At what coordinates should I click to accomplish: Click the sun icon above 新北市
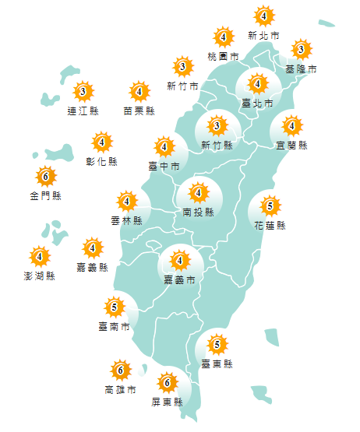pos(264,16)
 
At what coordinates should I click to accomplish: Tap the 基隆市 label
pos(301,70)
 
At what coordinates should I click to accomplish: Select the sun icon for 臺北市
pos(258,84)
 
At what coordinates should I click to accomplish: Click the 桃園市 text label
pos(224,58)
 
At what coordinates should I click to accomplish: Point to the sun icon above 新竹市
pos(182,66)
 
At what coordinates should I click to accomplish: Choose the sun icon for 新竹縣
pos(217,126)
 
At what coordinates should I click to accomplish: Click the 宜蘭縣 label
pos(292,146)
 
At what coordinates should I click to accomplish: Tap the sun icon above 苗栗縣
pos(139,93)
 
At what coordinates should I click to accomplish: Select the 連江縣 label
pos(83,111)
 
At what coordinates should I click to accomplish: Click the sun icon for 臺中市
pos(164,146)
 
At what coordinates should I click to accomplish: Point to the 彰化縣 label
pos(102,162)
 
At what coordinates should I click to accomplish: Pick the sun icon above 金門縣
pos(45,177)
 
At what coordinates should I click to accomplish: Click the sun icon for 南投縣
pos(198,192)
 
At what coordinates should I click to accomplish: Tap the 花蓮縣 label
pos(270,227)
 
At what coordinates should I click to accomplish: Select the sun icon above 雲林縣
pos(127,202)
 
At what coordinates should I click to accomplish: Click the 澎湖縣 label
pos(40,276)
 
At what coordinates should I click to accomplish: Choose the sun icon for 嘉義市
pos(180,261)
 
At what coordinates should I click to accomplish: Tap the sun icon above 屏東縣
pos(167,383)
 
